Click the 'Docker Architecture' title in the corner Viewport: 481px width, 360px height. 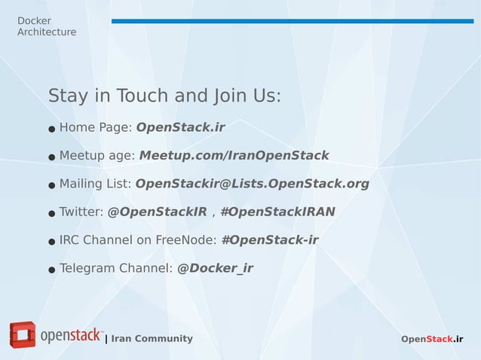(x=46, y=26)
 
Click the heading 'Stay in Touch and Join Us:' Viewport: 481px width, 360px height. (x=164, y=96)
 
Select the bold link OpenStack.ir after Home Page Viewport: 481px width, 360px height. (x=180, y=127)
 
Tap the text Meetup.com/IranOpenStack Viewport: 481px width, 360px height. (x=234, y=155)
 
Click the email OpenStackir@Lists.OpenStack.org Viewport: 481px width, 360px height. (x=252, y=183)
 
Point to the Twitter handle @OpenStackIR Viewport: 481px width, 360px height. (x=157, y=212)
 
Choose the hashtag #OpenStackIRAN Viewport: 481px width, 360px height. (x=277, y=212)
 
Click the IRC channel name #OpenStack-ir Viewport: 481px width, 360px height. (x=269, y=240)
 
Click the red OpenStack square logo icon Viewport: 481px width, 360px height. (x=23, y=335)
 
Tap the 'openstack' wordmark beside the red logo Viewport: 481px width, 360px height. (x=71, y=335)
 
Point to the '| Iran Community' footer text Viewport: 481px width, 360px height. (x=149, y=338)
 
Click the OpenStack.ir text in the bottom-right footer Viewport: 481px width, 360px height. (x=432, y=339)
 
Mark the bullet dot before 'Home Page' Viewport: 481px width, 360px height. (x=52, y=129)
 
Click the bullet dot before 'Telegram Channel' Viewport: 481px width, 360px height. (x=52, y=270)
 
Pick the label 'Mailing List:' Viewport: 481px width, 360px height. (x=95, y=183)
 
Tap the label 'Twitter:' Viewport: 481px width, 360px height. (x=81, y=212)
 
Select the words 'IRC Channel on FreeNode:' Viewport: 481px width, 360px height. (x=138, y=240)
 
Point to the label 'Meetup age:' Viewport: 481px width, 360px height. (x=97, y=155)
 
